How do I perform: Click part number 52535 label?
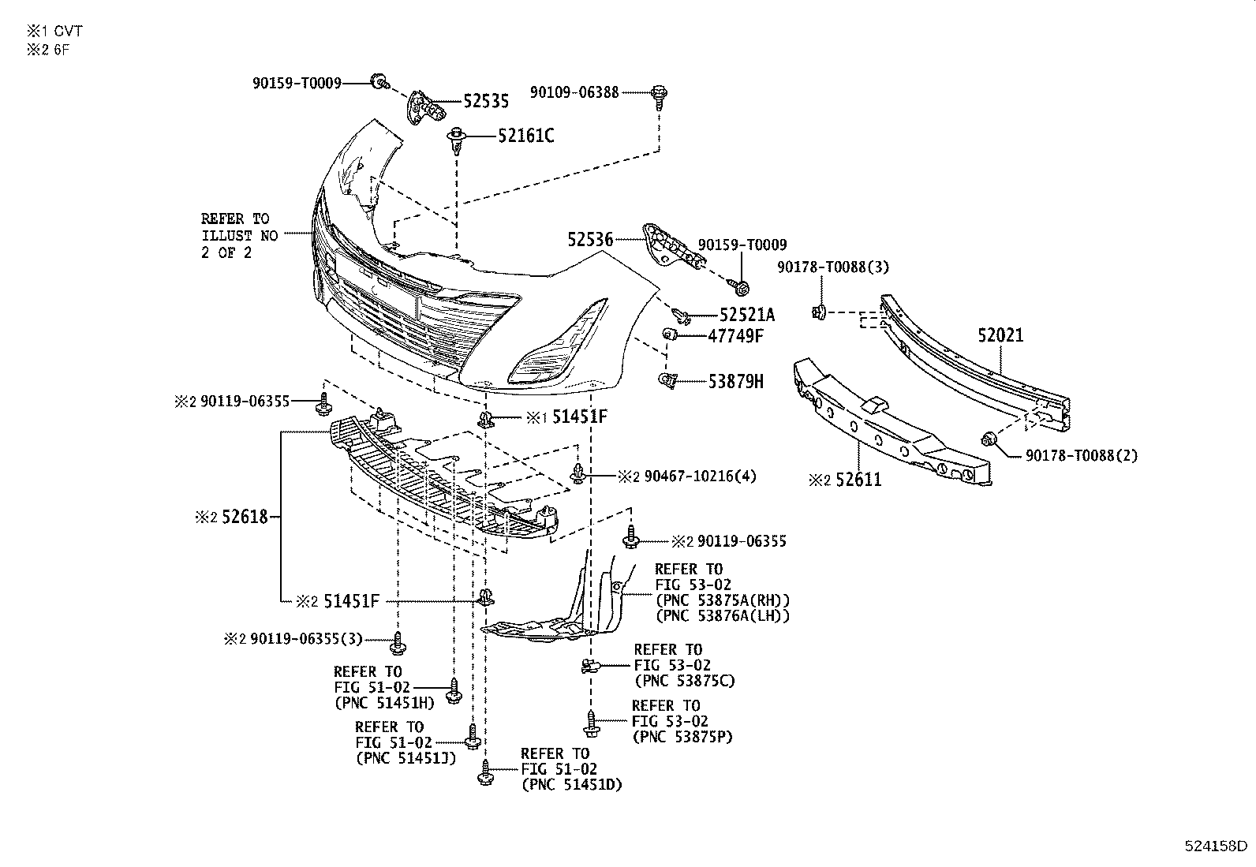click(485, 101)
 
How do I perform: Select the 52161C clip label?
click(525, 136)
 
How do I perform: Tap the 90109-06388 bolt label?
click(574, 92)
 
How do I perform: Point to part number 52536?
click(590, 238)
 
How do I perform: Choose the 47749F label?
click(735, 336)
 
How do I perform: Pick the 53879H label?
click(735, 382)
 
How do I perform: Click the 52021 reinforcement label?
click(1000, 335)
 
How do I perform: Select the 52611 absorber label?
click(858, 479)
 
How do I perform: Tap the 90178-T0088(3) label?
click(832, 267)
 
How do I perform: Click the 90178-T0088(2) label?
click(1081, 455)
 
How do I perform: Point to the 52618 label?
click(244, 518)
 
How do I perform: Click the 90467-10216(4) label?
click(699, 476)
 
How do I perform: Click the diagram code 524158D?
click(1216, 846)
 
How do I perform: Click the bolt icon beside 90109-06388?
click(658, 95)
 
